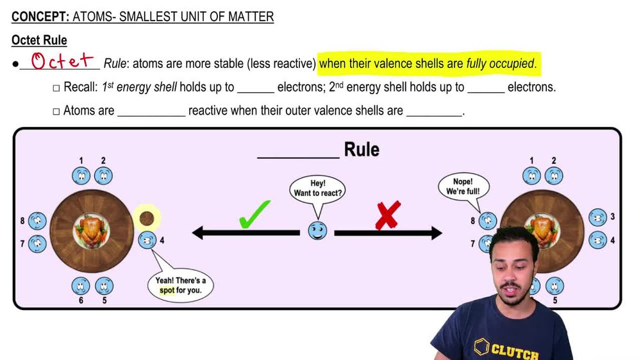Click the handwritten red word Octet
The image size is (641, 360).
point(63,61)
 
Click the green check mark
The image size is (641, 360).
point(254,215)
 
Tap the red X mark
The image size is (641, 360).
point(387,215)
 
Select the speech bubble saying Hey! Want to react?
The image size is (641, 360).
point(318,188)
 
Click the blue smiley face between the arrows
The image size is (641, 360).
point(317,231)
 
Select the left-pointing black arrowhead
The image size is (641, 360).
point(200,233)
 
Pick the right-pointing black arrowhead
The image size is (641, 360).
point(435,233)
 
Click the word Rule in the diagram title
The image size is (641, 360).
point(362,150)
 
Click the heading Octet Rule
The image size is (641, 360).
point(39,40)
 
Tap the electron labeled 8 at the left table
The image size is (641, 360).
point(37,221)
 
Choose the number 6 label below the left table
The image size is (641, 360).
point(81,300)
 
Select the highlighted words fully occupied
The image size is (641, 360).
point(500,63)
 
